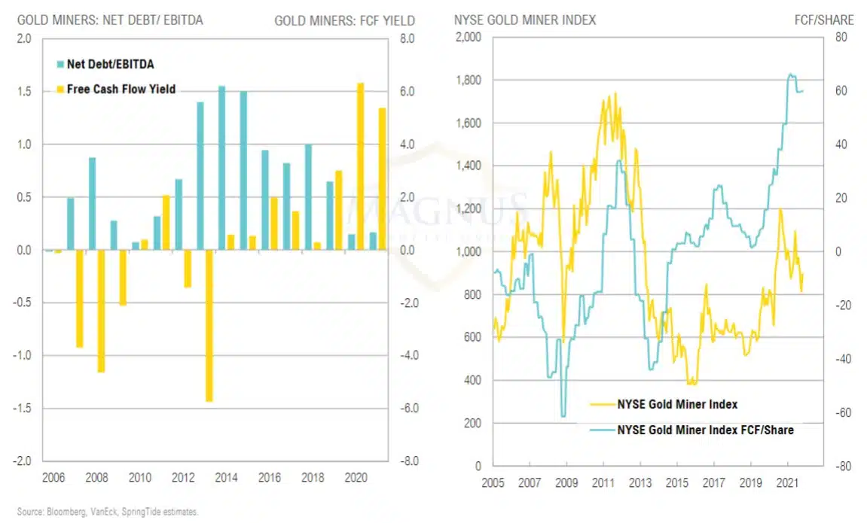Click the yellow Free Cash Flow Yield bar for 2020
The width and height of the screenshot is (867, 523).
coord(360,166)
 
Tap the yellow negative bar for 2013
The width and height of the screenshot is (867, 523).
coord(209,326)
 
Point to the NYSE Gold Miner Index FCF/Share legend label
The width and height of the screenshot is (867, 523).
coord(705,430)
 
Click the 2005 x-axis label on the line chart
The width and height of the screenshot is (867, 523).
coord(493,482)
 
